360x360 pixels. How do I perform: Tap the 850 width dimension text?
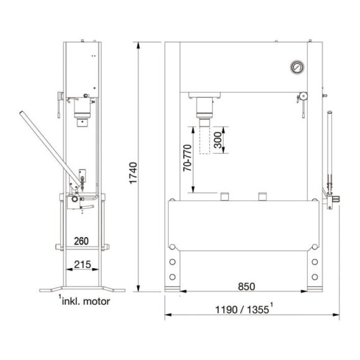(245, 287)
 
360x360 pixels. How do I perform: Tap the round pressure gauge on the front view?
(297, 67)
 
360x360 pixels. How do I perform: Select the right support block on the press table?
(264, 197)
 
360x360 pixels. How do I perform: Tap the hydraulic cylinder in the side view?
(81, 111)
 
